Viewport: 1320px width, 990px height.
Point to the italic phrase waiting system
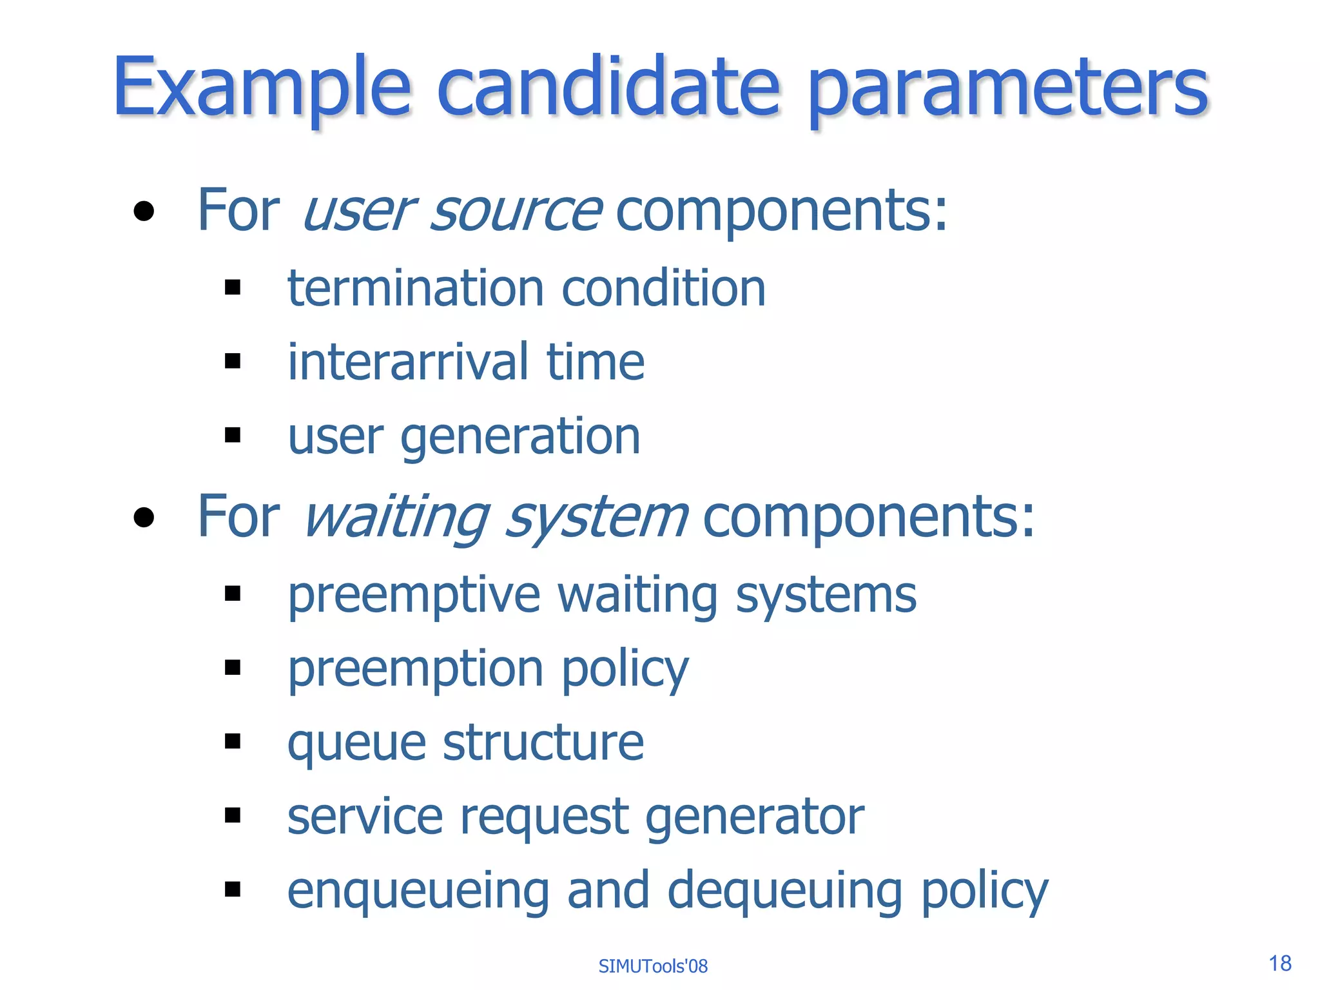coord(495,518)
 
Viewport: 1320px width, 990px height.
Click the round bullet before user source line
coord(144,211)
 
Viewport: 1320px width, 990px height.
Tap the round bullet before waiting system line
coord(144,518)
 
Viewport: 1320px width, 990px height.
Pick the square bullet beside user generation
coord(233,436)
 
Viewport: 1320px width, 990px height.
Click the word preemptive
coord(413,596)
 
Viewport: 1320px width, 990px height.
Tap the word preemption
coord(415,670)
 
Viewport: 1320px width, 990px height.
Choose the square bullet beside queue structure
coord(233,741)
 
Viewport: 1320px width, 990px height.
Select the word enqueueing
coord(418,892)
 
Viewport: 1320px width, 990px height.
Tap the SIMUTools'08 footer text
coord(653,966)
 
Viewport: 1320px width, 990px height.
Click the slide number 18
coord(1280,963)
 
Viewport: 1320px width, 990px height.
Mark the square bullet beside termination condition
coord(233,287)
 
